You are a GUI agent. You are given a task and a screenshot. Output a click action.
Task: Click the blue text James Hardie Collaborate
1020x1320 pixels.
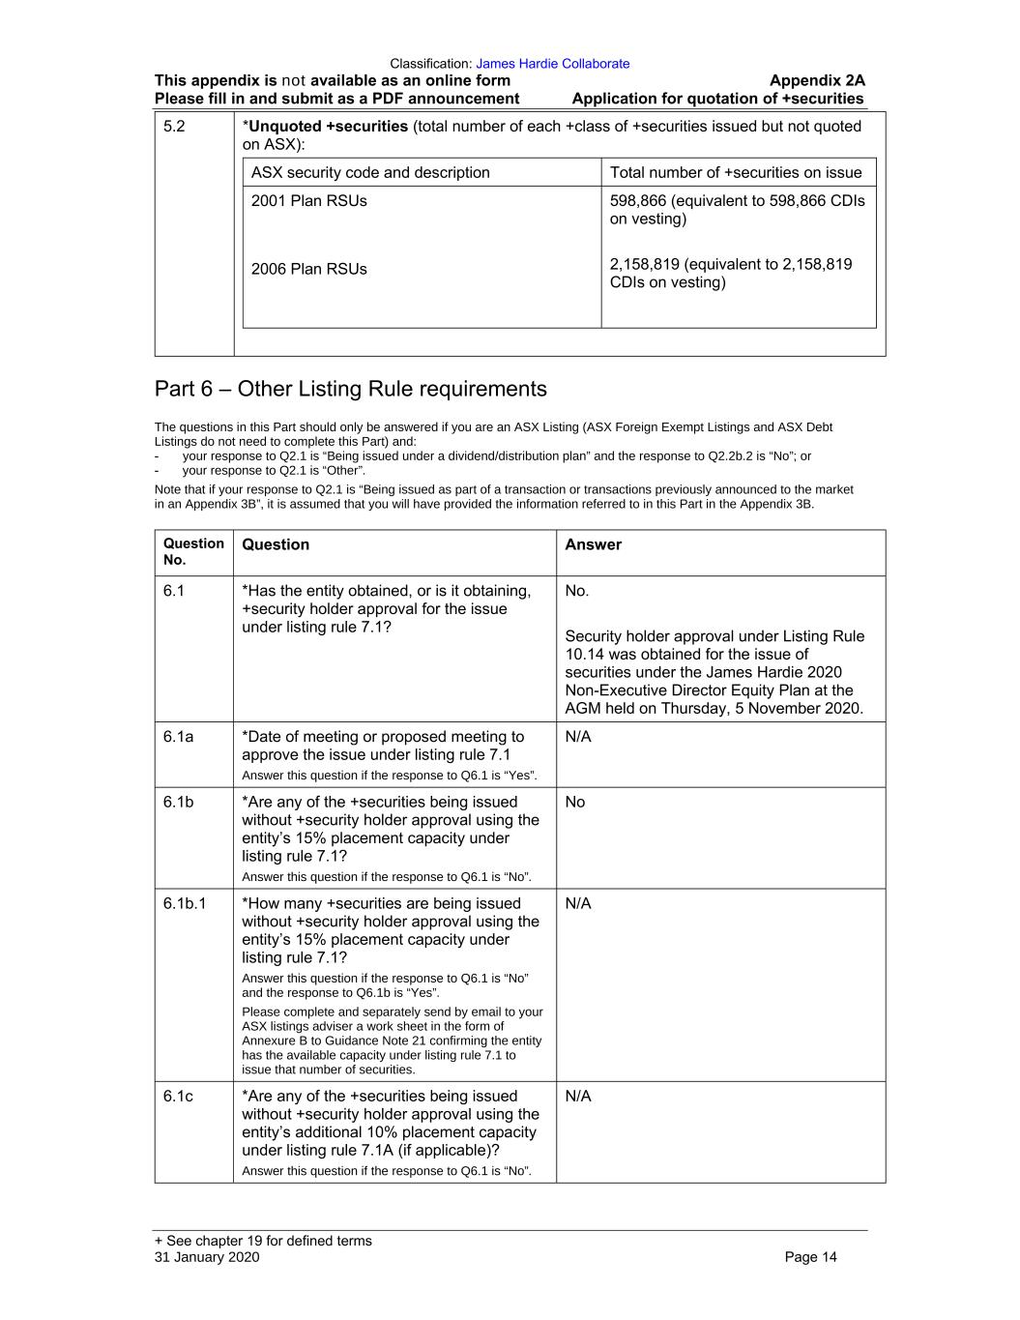pyautogui.click(x=552, y=64)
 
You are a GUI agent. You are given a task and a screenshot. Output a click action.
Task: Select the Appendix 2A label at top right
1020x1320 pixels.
pyautogui.click(x=817, y=81)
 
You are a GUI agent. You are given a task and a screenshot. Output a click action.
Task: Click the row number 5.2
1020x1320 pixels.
pyautogui.click(x=174, y=127)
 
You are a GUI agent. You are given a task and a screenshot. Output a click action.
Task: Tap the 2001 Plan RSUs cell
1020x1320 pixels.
pyautogui.click(x=309, y=201)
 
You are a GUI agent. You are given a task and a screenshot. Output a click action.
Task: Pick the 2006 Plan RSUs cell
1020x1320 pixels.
pyautogui.click(x=309, y=269)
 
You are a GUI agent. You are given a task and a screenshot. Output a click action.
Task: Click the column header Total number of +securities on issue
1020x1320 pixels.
pyautogui.click(x=736, y=173)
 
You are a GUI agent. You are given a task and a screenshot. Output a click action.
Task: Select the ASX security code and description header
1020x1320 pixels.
pyautogui.click(x=370, y=173)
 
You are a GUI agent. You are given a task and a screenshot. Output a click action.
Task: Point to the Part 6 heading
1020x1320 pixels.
pyautogui.click(x=350, y=389)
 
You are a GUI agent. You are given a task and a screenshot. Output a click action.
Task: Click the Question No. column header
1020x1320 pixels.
pyautogui.click(x=193, y=551)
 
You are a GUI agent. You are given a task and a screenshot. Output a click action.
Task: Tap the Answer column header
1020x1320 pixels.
pyautogui.click(x=593, y=545)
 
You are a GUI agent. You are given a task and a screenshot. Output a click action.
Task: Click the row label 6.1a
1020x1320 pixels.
pyautogui.click(x=178, y=737)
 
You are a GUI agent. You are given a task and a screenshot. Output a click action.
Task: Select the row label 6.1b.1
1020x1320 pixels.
pyautogui.click(x=185, y=903)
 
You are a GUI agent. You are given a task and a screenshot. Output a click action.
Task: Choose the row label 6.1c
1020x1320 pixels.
pyautogui.click(x=178, y=1096)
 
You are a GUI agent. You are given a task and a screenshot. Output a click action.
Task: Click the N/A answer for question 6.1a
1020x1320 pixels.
pyautogui.click(x=578, y=737)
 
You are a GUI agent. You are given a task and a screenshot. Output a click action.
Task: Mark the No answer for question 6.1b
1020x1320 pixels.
pyautogui.click(x=575, y=802)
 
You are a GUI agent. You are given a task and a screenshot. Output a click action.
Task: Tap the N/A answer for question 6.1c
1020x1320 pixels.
pyautogui.click(x=578, y=1096)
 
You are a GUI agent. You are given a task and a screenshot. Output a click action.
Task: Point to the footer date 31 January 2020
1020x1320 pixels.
pyautogui.click(x=207, y=1257)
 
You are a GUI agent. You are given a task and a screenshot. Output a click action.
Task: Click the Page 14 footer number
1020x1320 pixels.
pyautogui.click(x=810, y=1257)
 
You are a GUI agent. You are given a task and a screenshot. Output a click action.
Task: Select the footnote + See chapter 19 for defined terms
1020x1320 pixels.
pyautogui.click(x=263, y=1241)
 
